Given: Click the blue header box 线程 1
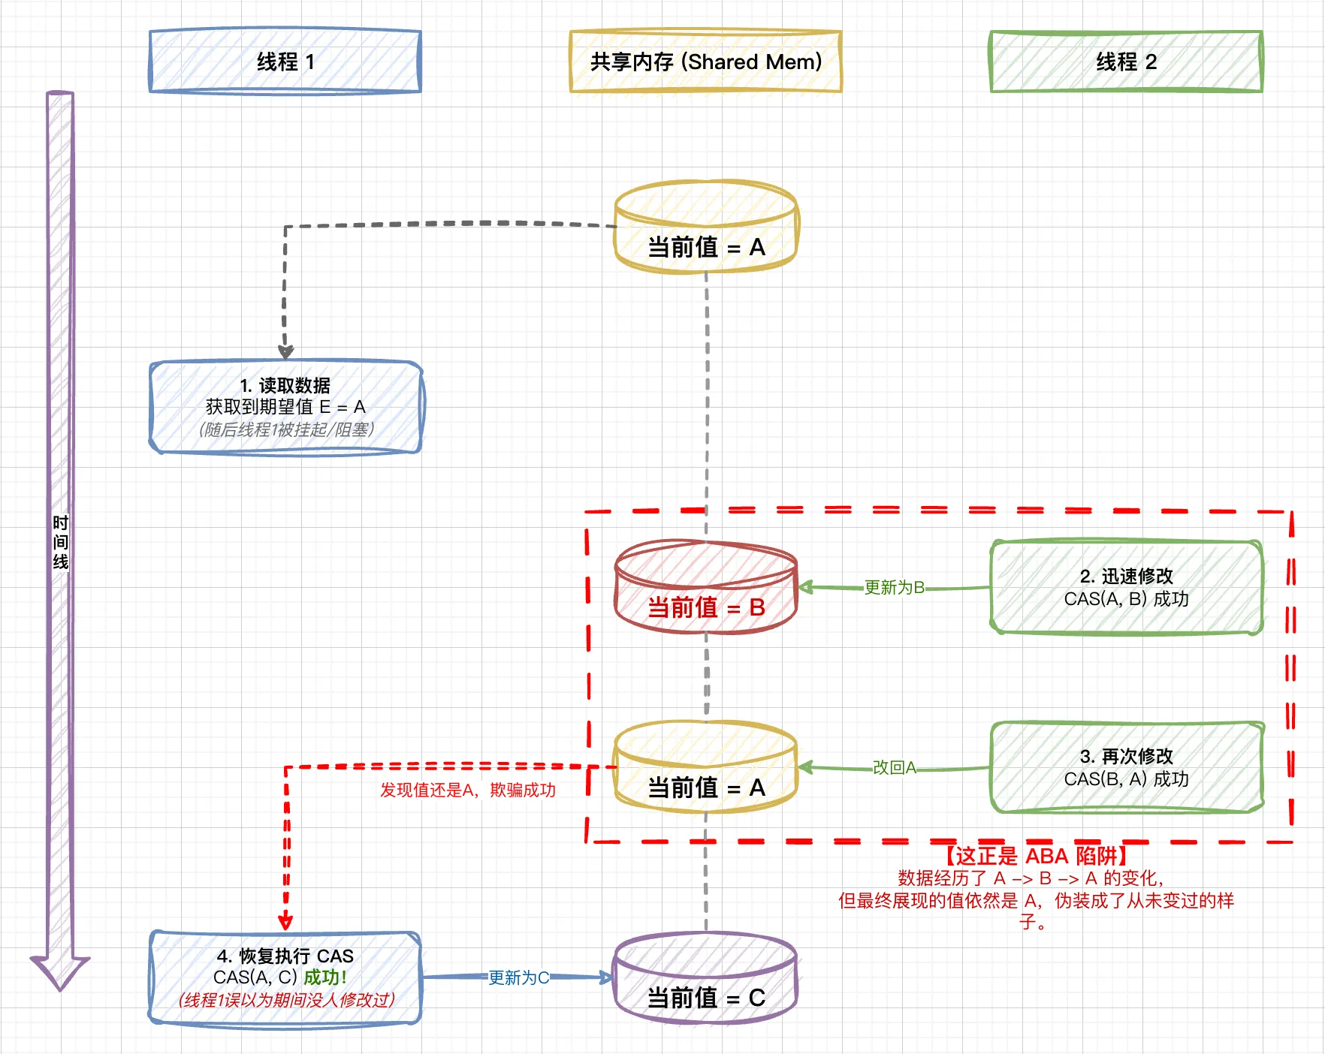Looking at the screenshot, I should click(285, 62).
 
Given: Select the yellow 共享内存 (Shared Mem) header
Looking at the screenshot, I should click(705, 62).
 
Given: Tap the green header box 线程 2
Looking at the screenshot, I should click(1126, 62).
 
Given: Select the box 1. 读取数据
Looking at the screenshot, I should click(285, 407).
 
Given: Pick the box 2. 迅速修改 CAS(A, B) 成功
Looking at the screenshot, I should click(1126, 587).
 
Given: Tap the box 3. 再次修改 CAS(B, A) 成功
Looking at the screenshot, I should click(1126, 767).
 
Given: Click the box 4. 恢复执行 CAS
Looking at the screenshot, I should click(285, 977).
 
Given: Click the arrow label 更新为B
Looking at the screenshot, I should click(894, 587).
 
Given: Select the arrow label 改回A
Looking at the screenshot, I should click(894, 767).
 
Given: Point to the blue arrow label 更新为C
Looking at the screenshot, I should click(518, 977).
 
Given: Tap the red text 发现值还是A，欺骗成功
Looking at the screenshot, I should click(467, 790).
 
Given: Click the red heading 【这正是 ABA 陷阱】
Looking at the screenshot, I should click(1037, 856).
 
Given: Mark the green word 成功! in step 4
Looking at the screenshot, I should click(325, 977).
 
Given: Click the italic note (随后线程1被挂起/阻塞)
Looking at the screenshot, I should click(286, 429).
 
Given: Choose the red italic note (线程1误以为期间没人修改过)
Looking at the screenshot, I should click(286, 1000).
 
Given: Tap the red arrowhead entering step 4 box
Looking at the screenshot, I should click(285, 923).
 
